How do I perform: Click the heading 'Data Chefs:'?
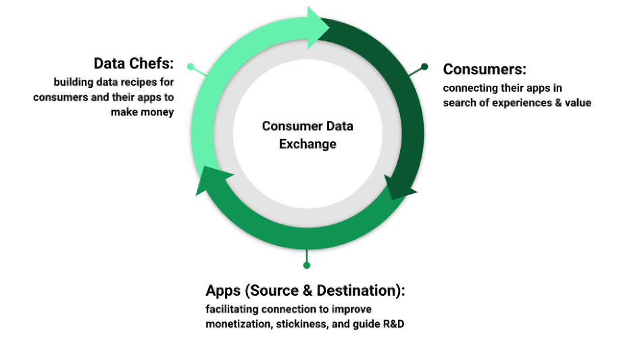133,64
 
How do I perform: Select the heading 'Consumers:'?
484,70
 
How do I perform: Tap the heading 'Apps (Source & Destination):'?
305,290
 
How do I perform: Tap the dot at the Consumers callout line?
424,66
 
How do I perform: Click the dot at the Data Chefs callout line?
191,67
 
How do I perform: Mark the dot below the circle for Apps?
307,265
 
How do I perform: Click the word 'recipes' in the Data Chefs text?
132,82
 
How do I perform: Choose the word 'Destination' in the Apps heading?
351,290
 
